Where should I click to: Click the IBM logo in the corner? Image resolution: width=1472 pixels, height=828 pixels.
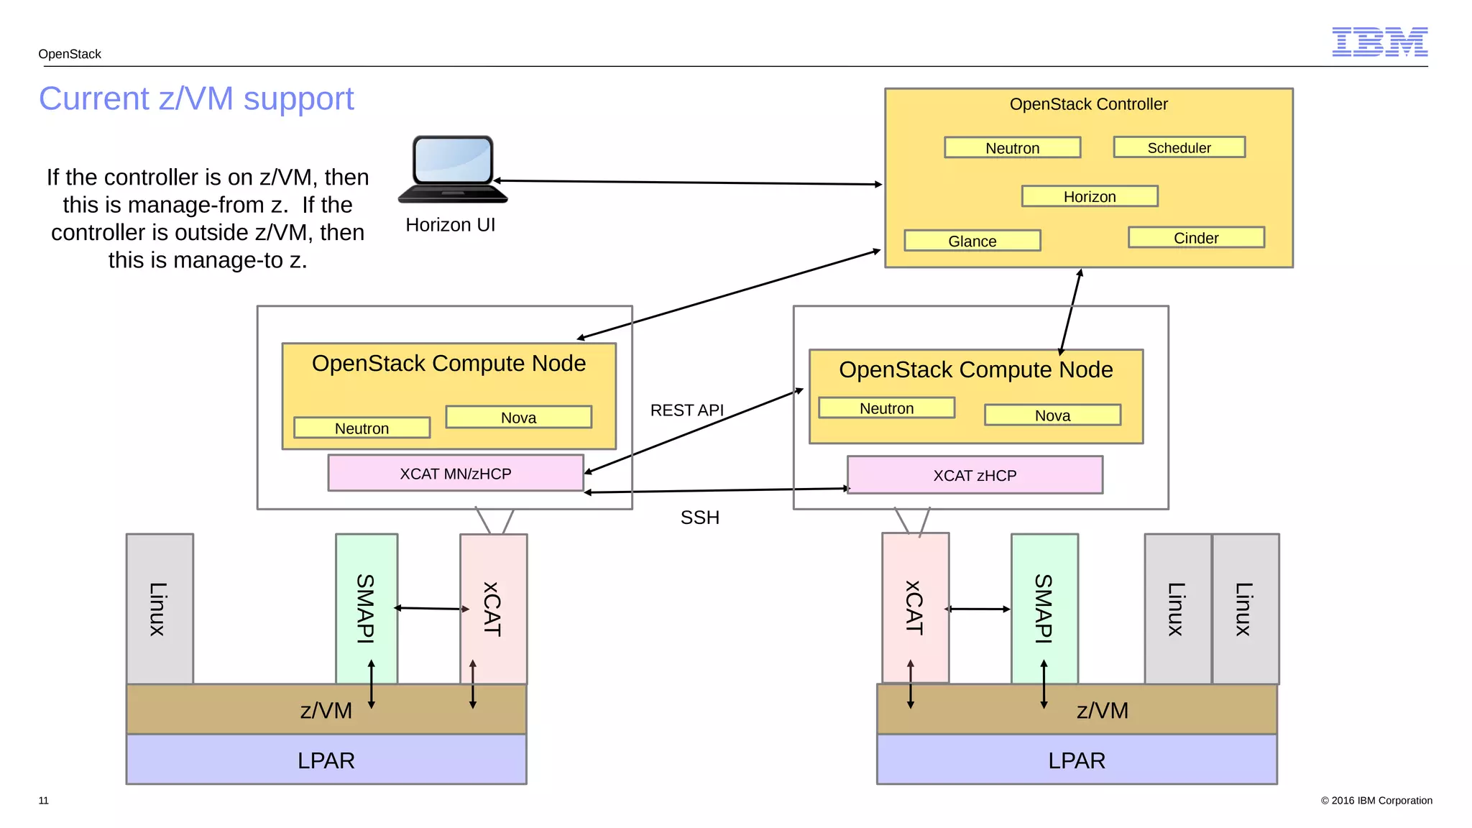point(1379,42)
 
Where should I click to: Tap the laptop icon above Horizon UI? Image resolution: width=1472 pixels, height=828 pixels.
point(453,170)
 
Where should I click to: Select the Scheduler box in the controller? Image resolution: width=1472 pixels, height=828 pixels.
point(1179,147)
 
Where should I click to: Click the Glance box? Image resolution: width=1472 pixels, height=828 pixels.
point(972,241)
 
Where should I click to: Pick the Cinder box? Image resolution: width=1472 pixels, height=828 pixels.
point(1196,238)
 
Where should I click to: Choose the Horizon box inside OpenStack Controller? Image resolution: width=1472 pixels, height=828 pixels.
point(1090,196)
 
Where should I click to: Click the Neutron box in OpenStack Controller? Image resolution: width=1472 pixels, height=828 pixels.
point(1012,148)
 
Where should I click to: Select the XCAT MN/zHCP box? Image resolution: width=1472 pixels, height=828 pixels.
point(456,474)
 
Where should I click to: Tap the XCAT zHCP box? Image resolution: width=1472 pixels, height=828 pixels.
point(975,475)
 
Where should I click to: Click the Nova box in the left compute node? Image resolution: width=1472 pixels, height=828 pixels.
point(518,418)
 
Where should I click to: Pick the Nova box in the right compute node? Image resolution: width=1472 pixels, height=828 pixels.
point(1052,415)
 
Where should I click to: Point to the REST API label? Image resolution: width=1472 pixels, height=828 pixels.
point(686,410)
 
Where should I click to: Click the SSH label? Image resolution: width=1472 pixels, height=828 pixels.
point(699,517)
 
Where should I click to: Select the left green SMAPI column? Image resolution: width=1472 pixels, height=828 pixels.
point(367,608)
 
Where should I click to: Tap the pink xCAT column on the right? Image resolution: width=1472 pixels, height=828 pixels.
point(915,608)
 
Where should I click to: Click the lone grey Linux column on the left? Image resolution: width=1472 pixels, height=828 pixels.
point(160,608)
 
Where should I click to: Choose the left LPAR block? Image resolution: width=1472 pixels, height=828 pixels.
point(326,760)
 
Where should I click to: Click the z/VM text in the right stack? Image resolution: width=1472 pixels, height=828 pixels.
point(1102,710)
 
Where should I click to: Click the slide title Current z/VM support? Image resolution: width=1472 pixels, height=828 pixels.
point(196,98)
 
